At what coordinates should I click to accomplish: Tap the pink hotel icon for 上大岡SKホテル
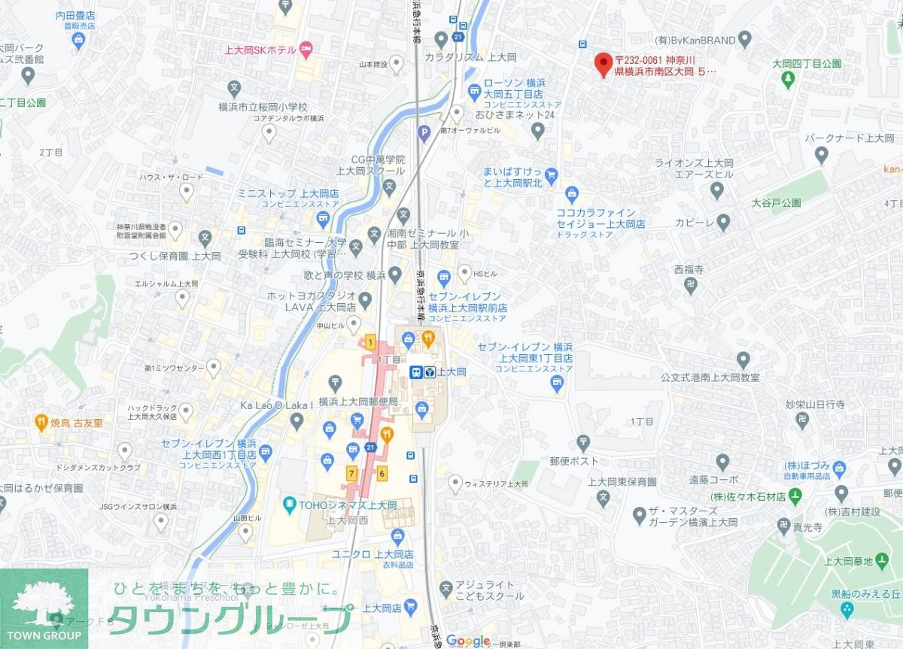(306, 50)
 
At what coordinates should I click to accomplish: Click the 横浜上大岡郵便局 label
(358, 402)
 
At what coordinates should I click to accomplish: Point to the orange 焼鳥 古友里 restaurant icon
(42, 423)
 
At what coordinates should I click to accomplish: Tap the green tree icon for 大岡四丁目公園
(789, 79)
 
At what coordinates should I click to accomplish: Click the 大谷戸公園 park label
(776, 203)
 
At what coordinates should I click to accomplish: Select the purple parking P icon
(424, 135)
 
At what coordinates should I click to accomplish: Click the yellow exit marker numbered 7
(351, 473)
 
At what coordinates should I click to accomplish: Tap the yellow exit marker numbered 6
(382, 473)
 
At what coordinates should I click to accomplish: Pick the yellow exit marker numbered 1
(370, 342)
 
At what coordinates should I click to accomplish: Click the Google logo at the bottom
(467, 641)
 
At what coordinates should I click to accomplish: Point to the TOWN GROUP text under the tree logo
(44, 635)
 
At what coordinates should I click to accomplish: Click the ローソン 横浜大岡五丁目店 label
(513, 88)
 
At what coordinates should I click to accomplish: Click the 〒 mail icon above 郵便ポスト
(582, 442)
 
